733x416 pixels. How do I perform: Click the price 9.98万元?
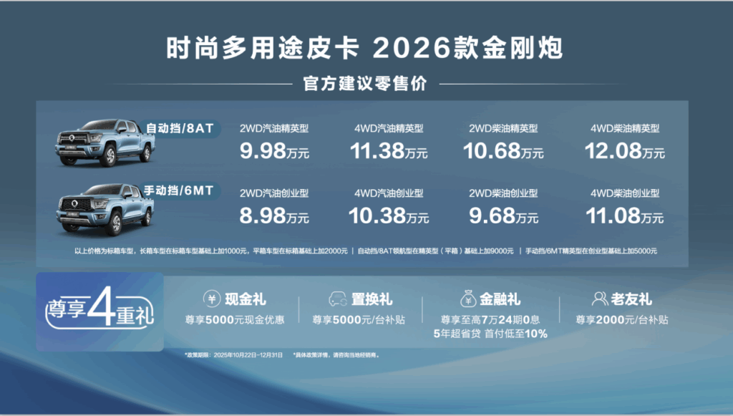click(x=274, y=152)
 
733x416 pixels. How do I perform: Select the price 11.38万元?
click(x=389, y=152)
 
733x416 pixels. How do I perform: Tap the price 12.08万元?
click(x=625, y=152)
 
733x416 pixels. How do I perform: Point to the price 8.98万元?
click(x=274, y=216)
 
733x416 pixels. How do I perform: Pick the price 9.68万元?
click(x=504, y=216)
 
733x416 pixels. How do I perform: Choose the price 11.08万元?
click(x=625, y=216)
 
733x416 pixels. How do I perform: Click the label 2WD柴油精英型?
click(x=504, y=129)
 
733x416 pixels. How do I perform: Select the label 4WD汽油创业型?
click(x=389, y=193)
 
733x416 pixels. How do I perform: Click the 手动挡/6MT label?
click(x=182, y=190)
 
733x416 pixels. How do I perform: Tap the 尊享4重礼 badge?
click(x=100, y=310)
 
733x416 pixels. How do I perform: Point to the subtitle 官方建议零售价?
click(x=365, y=84)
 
